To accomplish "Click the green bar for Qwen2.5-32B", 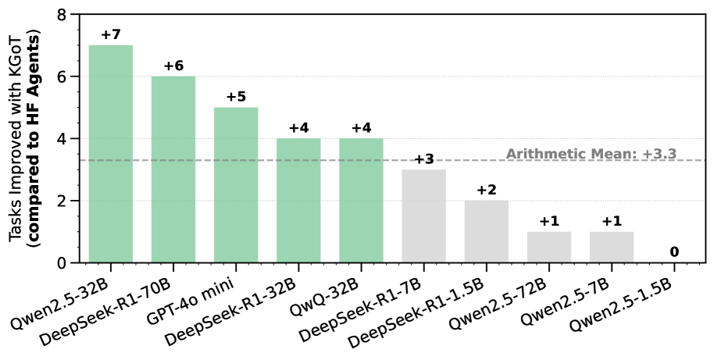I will tap(110, 154).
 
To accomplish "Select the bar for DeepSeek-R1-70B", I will tap(173, 169).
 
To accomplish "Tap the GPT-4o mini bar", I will tap(236, 185).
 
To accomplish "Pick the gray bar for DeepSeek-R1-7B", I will tap(423, 216).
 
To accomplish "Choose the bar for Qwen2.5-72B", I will tap(549, 248).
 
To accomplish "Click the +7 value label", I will tap(110, 35).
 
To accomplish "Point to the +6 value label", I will tap(173, 66).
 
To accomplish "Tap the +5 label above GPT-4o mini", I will tap(236, 97).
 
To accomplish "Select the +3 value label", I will tap(423, 159).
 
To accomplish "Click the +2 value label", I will tap(486, 191).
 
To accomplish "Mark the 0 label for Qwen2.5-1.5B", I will tap(674, 252).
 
